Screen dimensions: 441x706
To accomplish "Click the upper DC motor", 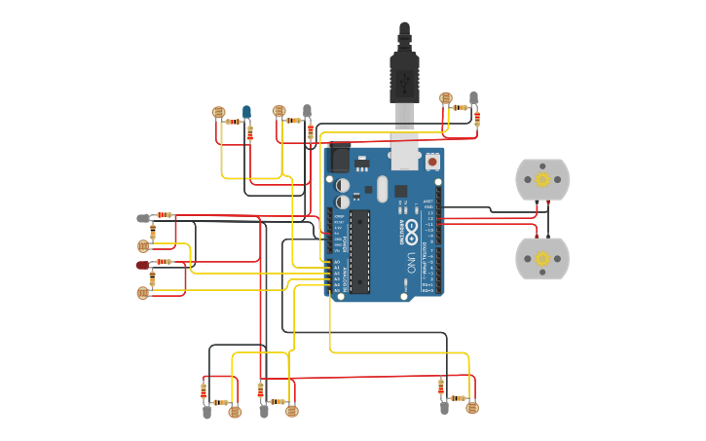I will pyautogui.click(x=542, y=179).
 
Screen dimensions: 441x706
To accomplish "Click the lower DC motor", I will pyautogui.click(x=542, y=258).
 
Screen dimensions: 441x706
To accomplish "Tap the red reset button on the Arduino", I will pyautogui.click(x=432, y=162).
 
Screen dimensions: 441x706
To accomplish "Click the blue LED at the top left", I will pyautogui.click(x=246, y=112).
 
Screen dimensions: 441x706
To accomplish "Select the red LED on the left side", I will pyautogui.click(x=142, y=265).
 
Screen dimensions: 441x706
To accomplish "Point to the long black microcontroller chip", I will pyautogui.click(x=360, y=250).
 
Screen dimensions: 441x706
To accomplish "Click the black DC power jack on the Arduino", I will pyautogui.click(x=339, y=159).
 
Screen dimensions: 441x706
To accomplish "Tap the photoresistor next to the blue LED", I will pyautogui.click(x=218, y=113).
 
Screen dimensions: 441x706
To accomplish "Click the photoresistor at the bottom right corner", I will pyautogui.click(x=472, y=408).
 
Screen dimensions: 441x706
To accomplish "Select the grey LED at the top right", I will pyautogui.click(x=474, y=98).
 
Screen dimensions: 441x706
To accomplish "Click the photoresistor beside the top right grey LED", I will pyautogui.click(x=446, y=98).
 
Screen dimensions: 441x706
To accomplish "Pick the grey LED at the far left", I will pyautogui.click(x=142, y=218).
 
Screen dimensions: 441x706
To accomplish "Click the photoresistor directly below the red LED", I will pyautogui.click(x=143, y=292).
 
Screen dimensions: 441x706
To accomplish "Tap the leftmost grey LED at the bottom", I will pyautogui.click(x=206, y=412).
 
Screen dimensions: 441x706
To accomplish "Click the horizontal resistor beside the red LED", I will pyautogui.click(x=164, y=262).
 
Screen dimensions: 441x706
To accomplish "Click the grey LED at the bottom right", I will pyautogui.click(x=444, y=408).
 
